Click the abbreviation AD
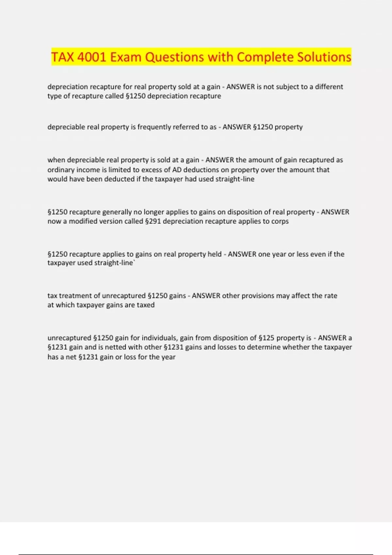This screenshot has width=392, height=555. (177, 170)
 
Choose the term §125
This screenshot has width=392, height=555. (266, 338)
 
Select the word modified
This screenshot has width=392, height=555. (82, 221)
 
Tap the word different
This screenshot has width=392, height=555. (329, 87)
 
